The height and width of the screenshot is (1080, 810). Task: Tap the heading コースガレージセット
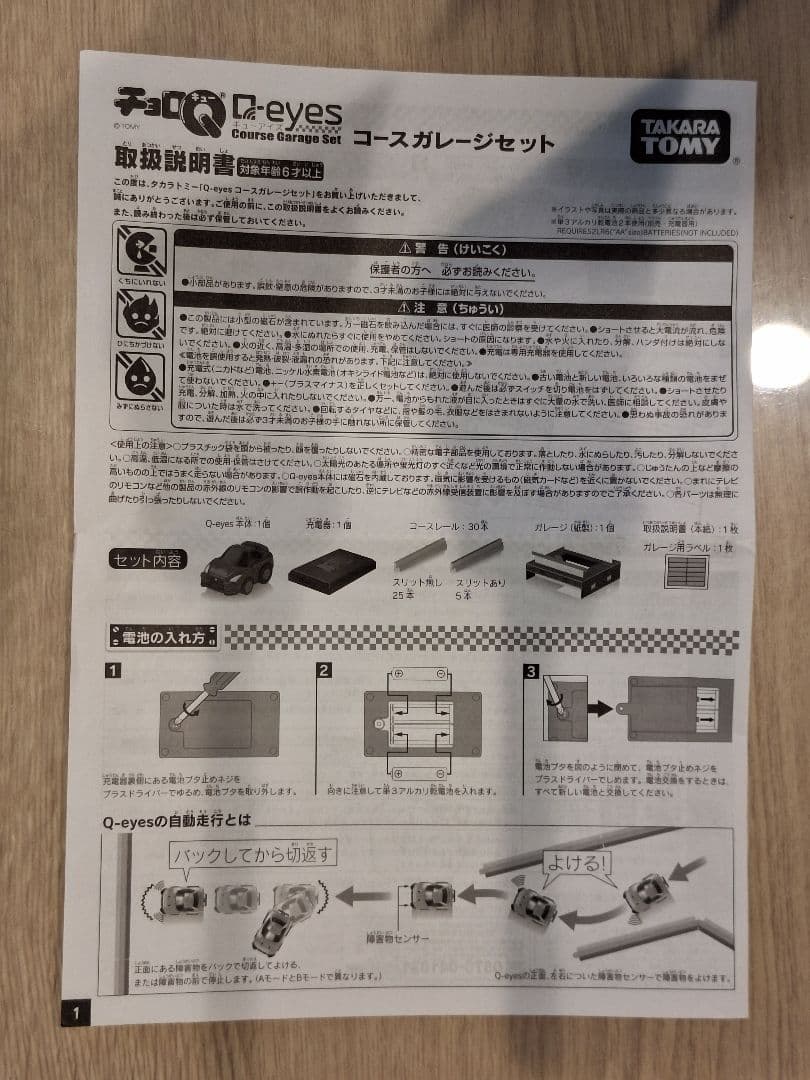click(452, 142)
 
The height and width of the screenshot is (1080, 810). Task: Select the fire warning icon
click(140, 316)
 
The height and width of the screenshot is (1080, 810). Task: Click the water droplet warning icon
click(140, 378)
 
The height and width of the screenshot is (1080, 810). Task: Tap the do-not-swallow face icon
click(140, 251)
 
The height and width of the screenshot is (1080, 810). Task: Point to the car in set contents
click(236, 567)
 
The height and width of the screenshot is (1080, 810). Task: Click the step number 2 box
click(324, 670)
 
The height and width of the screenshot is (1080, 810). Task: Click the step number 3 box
click(530, 670)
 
